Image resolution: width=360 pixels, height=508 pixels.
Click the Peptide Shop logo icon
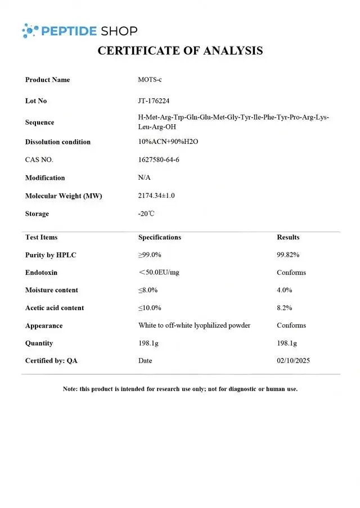tap(30, 30)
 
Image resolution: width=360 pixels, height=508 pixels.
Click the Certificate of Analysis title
tap(180, 51)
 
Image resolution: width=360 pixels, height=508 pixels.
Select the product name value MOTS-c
tap(150, 80)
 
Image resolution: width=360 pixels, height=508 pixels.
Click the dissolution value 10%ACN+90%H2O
tap(168, 142)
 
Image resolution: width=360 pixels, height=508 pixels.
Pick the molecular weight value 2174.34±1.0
tap(156, 196)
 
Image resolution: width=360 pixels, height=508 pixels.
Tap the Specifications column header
tap(160, 237)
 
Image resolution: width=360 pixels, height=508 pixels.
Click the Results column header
tap(288, 237)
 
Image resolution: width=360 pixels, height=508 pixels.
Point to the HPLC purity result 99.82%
tap(288, 255)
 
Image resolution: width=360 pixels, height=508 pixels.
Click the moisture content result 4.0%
tap(285, 290)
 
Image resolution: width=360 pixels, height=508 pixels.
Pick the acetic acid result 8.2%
tap(285, 308)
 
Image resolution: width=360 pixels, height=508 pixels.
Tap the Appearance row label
tap(44, 325)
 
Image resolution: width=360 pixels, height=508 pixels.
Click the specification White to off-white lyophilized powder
tap(194, 325)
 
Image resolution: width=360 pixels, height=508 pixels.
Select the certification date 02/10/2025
tap(293, 360)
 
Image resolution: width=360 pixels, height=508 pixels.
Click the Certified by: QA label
tap(51, 360)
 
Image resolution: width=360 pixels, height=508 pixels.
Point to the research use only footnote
tap(180, 389)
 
